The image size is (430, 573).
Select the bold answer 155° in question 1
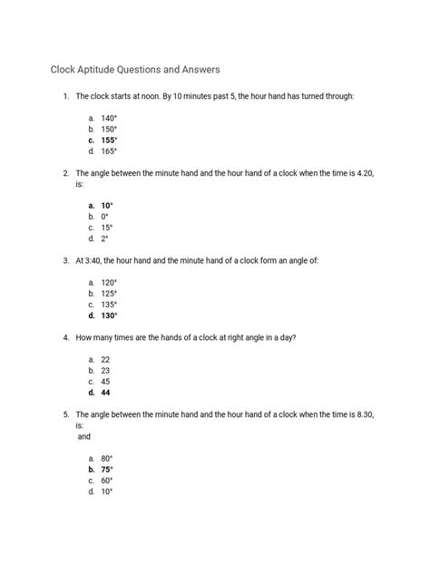[x=110, y=141]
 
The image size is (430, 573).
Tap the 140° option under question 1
[x=110, y=117]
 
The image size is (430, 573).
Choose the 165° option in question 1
[x=110, y=152]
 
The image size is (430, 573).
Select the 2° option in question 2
[x=105, y=239]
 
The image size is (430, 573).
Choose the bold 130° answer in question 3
[x=110, y=316]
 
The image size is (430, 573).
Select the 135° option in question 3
[x=110, y=305]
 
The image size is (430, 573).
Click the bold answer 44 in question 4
[x=106, y=393]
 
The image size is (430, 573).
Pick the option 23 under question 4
[x=106, y=370]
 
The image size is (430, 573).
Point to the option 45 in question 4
[x=106, y=382]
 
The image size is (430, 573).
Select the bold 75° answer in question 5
[x=108, y=470]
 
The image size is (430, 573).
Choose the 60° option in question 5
[x=108, y=481]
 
